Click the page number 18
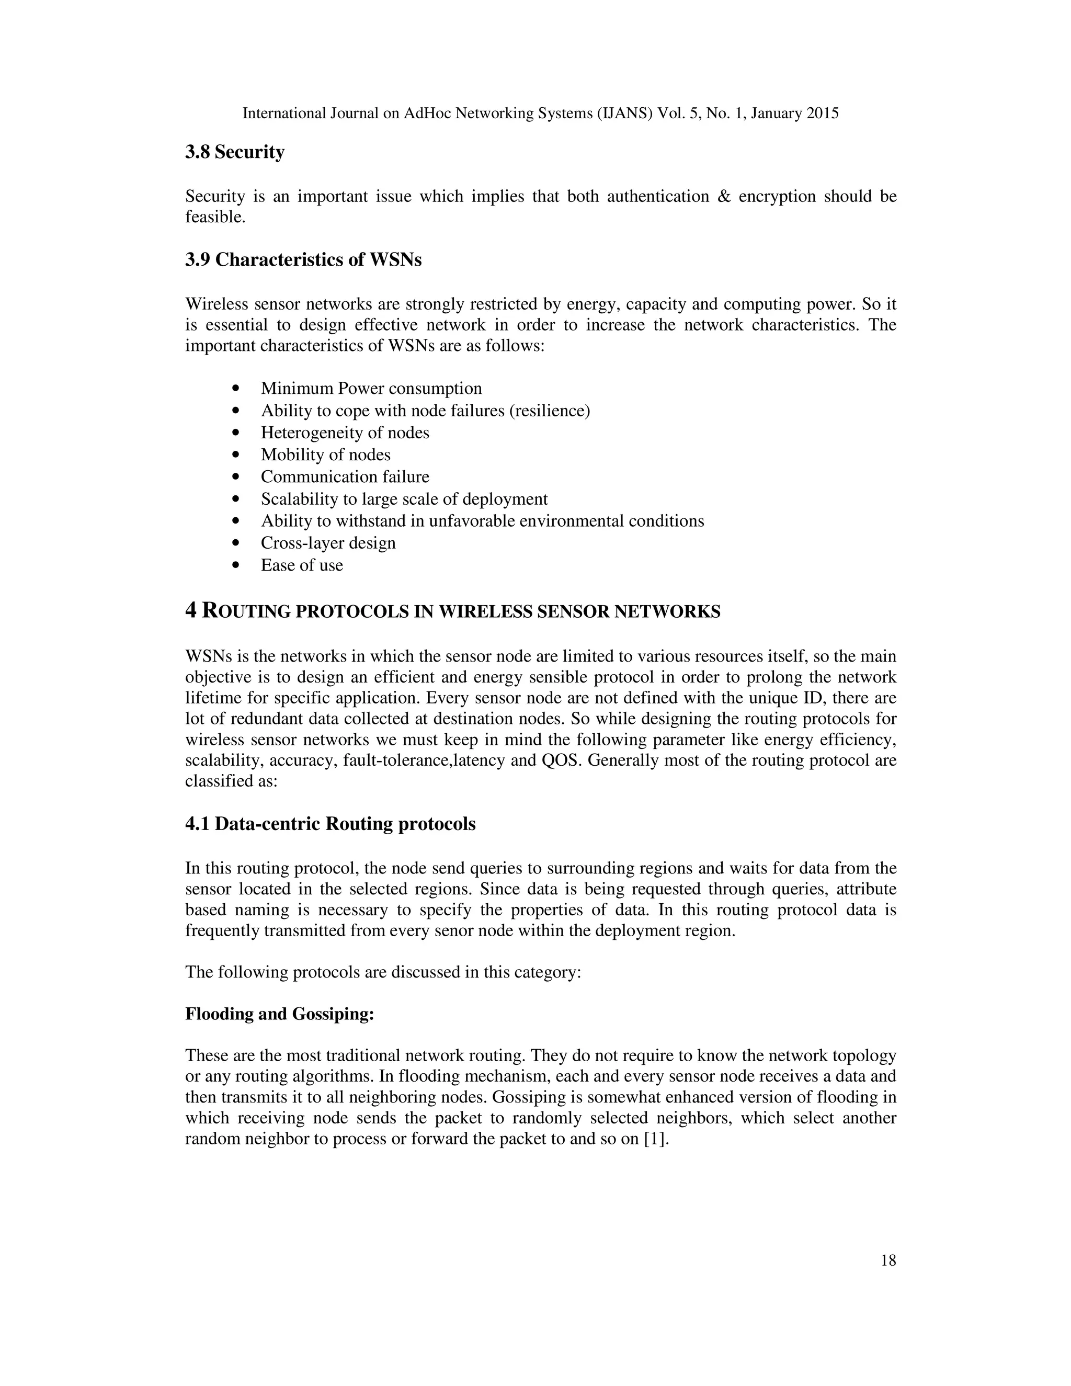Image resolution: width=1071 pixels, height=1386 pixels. click(x=888, y=1260)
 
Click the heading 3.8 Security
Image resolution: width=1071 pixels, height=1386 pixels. click(x=235, y=152)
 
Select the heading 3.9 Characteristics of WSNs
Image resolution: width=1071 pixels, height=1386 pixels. click(x=303, y=259)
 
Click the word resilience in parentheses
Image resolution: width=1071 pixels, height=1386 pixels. click(x=550, y=411)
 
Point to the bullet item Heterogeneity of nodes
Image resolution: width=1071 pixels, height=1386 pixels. click(x=345, y=433)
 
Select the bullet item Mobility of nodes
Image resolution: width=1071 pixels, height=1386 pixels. click(x=325, y=455)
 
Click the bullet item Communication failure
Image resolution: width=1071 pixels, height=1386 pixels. click(x=345, y=476)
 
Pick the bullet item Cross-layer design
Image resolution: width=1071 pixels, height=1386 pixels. click(x=328, y=543)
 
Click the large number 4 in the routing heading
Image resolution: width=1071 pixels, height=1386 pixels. click(x=191, y=610)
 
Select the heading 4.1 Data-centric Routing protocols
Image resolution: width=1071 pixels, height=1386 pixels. click(x=330, y=824)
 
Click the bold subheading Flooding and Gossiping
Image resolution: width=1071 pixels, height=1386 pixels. click(x=279, y=1014)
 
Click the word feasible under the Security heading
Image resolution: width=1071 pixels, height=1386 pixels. click(x=214, y=218)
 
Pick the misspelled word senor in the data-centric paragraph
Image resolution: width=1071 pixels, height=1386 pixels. click(x=453, y=931)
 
